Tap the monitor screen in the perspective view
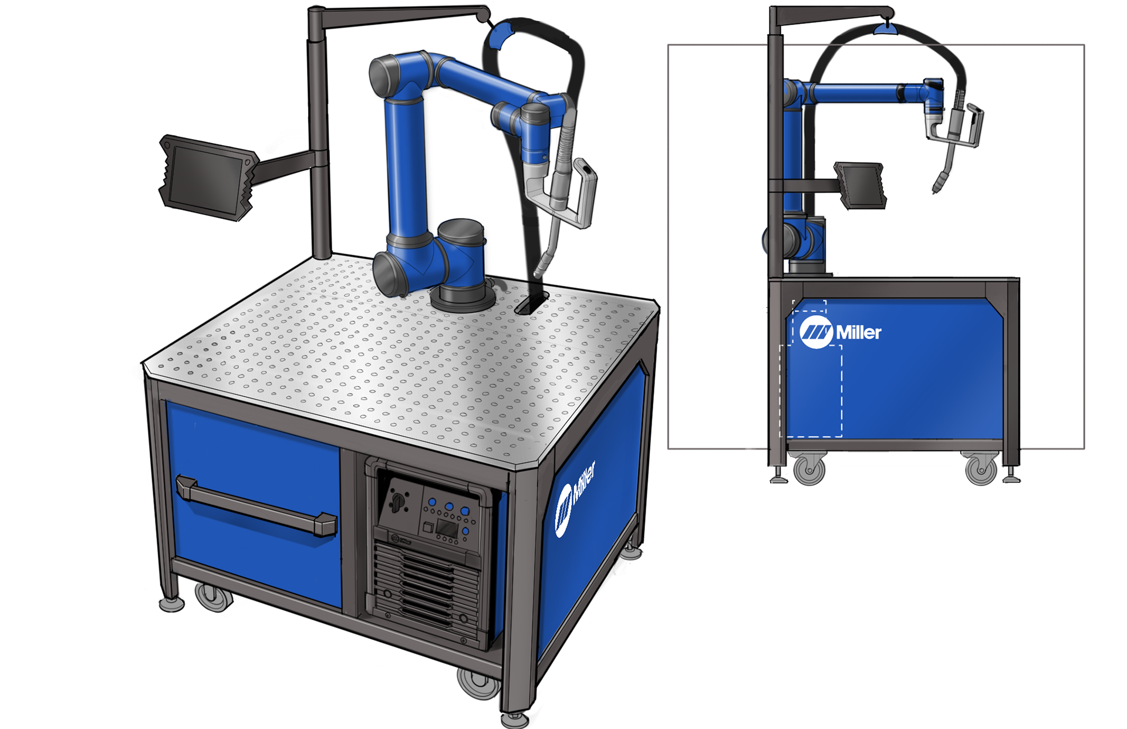207,177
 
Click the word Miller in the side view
858,333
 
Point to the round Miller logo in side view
816,332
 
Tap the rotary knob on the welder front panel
397,501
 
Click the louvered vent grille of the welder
421,587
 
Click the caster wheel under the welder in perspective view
478,683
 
